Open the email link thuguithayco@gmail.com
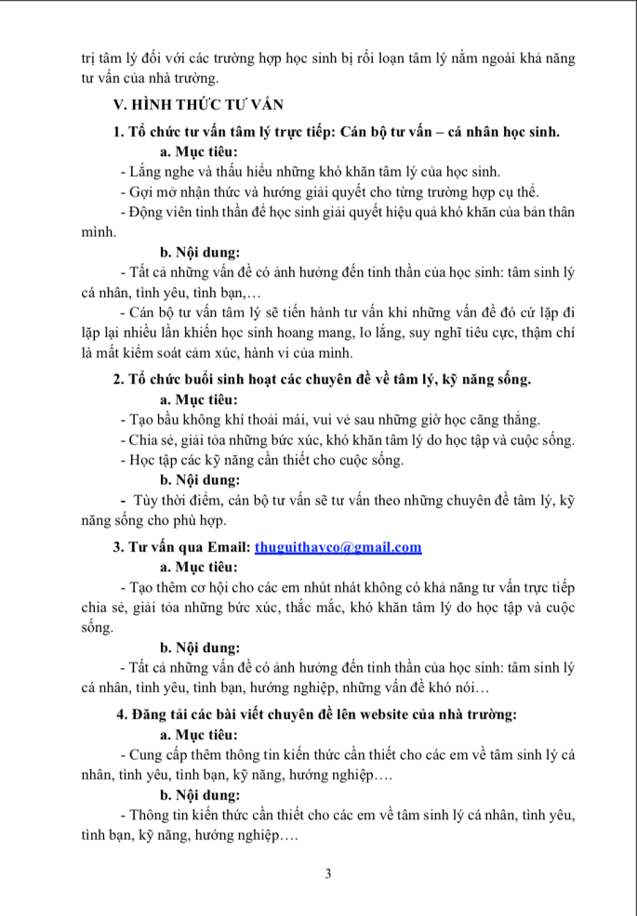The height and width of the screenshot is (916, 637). [x=338, y=547]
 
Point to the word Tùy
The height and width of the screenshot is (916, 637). [x=150, y=501]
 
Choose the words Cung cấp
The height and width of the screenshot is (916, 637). [x=164, y=754]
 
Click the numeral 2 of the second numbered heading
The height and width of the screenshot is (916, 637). [x=117, y=378]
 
